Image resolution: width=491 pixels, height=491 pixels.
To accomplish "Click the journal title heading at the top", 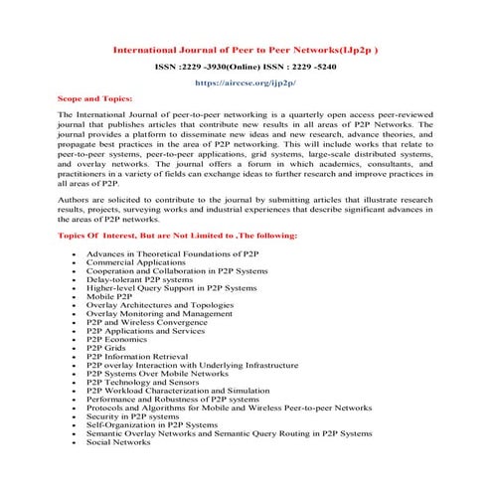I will [245, 47].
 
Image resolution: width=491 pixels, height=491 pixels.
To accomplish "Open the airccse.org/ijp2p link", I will [245, 85].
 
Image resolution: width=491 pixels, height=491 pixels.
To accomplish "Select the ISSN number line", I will [245, 68].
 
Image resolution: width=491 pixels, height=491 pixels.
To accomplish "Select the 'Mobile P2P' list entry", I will [109, 296].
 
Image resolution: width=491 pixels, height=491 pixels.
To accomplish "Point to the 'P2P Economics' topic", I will [116, 339].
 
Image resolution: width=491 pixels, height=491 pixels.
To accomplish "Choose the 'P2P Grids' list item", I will [107, 348].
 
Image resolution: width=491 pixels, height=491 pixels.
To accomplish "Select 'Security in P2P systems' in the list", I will [132, 416].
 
